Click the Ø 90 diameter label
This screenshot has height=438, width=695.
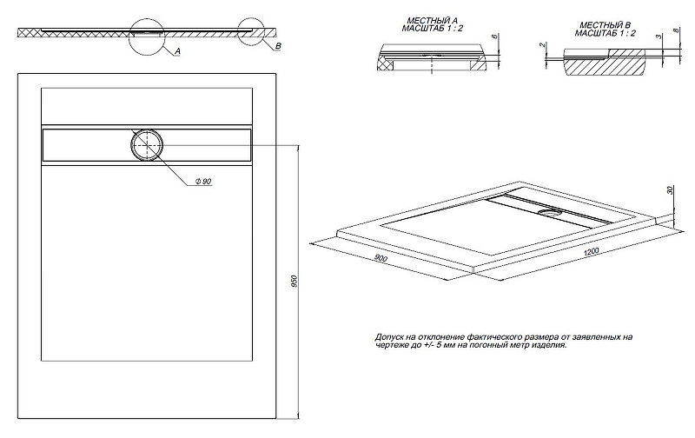pyautogui.click(x=203, y=181)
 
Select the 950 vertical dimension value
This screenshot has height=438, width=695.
pyautogui.click(x=295, y=281)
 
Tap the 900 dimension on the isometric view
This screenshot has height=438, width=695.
pyautogui.click(x=381, y=258)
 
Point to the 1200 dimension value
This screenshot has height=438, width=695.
pyautogui.click(x=591, y=252)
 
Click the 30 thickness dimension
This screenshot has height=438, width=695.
pyautogui.click(x=670, y=190)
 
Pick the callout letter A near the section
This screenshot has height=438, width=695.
pyautogui.click(x=177, y=51)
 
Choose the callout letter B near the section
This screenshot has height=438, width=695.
pyautogui.click(x=277, y=46)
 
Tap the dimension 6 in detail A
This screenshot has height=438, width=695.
pyautogui.click(x=495, y=36)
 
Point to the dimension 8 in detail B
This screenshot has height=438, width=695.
pyautogui.click(x=676, y=30)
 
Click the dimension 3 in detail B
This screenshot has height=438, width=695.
pyautogui.click(x=659, y=36)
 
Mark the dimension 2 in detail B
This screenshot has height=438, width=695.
pyautogui.click(x=542, y=45)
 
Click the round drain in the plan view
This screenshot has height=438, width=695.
pyautogui.click(x=147, y=145)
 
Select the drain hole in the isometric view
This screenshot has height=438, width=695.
pyautogui.click(x=550, y=212)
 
